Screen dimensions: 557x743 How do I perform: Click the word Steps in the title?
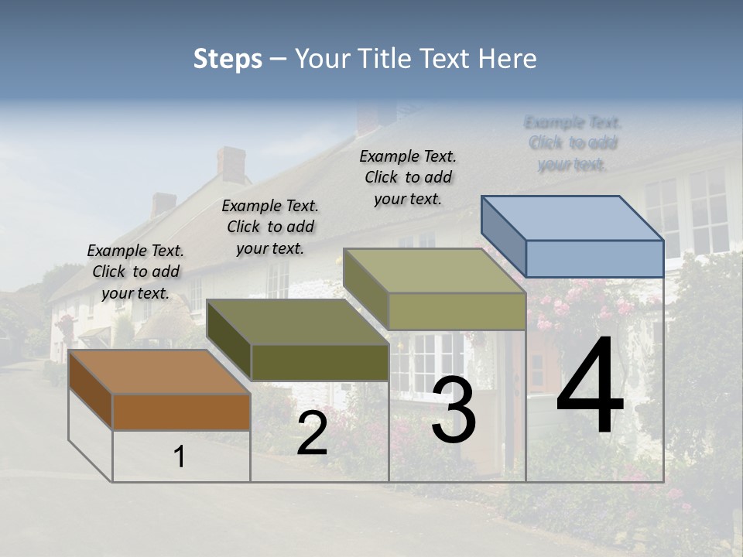[x=228, y=59]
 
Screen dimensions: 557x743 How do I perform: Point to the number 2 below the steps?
[x=312, y=434]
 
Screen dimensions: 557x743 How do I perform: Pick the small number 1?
[x=180, y=457]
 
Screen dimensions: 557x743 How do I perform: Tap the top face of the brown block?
[x=159, y=372]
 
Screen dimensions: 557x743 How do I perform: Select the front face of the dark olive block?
[x=320, y=362]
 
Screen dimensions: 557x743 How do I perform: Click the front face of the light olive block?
[x=457, y=311]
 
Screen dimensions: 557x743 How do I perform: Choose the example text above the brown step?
[x=135, y=272]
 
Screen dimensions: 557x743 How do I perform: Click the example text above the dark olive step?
[x=270, y=227]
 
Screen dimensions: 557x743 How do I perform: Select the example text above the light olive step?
[x=408, y=177]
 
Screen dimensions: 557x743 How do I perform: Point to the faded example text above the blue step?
[x=573, y=143]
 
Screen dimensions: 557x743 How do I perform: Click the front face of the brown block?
[x=181, y=412]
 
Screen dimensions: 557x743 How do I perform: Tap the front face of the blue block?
[x=594, y=258]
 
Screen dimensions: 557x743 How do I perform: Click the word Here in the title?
[x=508, y=59]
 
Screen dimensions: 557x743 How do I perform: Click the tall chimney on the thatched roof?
[x=231, y=164]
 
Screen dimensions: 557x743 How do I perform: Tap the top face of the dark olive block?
[x=298, y=322]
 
